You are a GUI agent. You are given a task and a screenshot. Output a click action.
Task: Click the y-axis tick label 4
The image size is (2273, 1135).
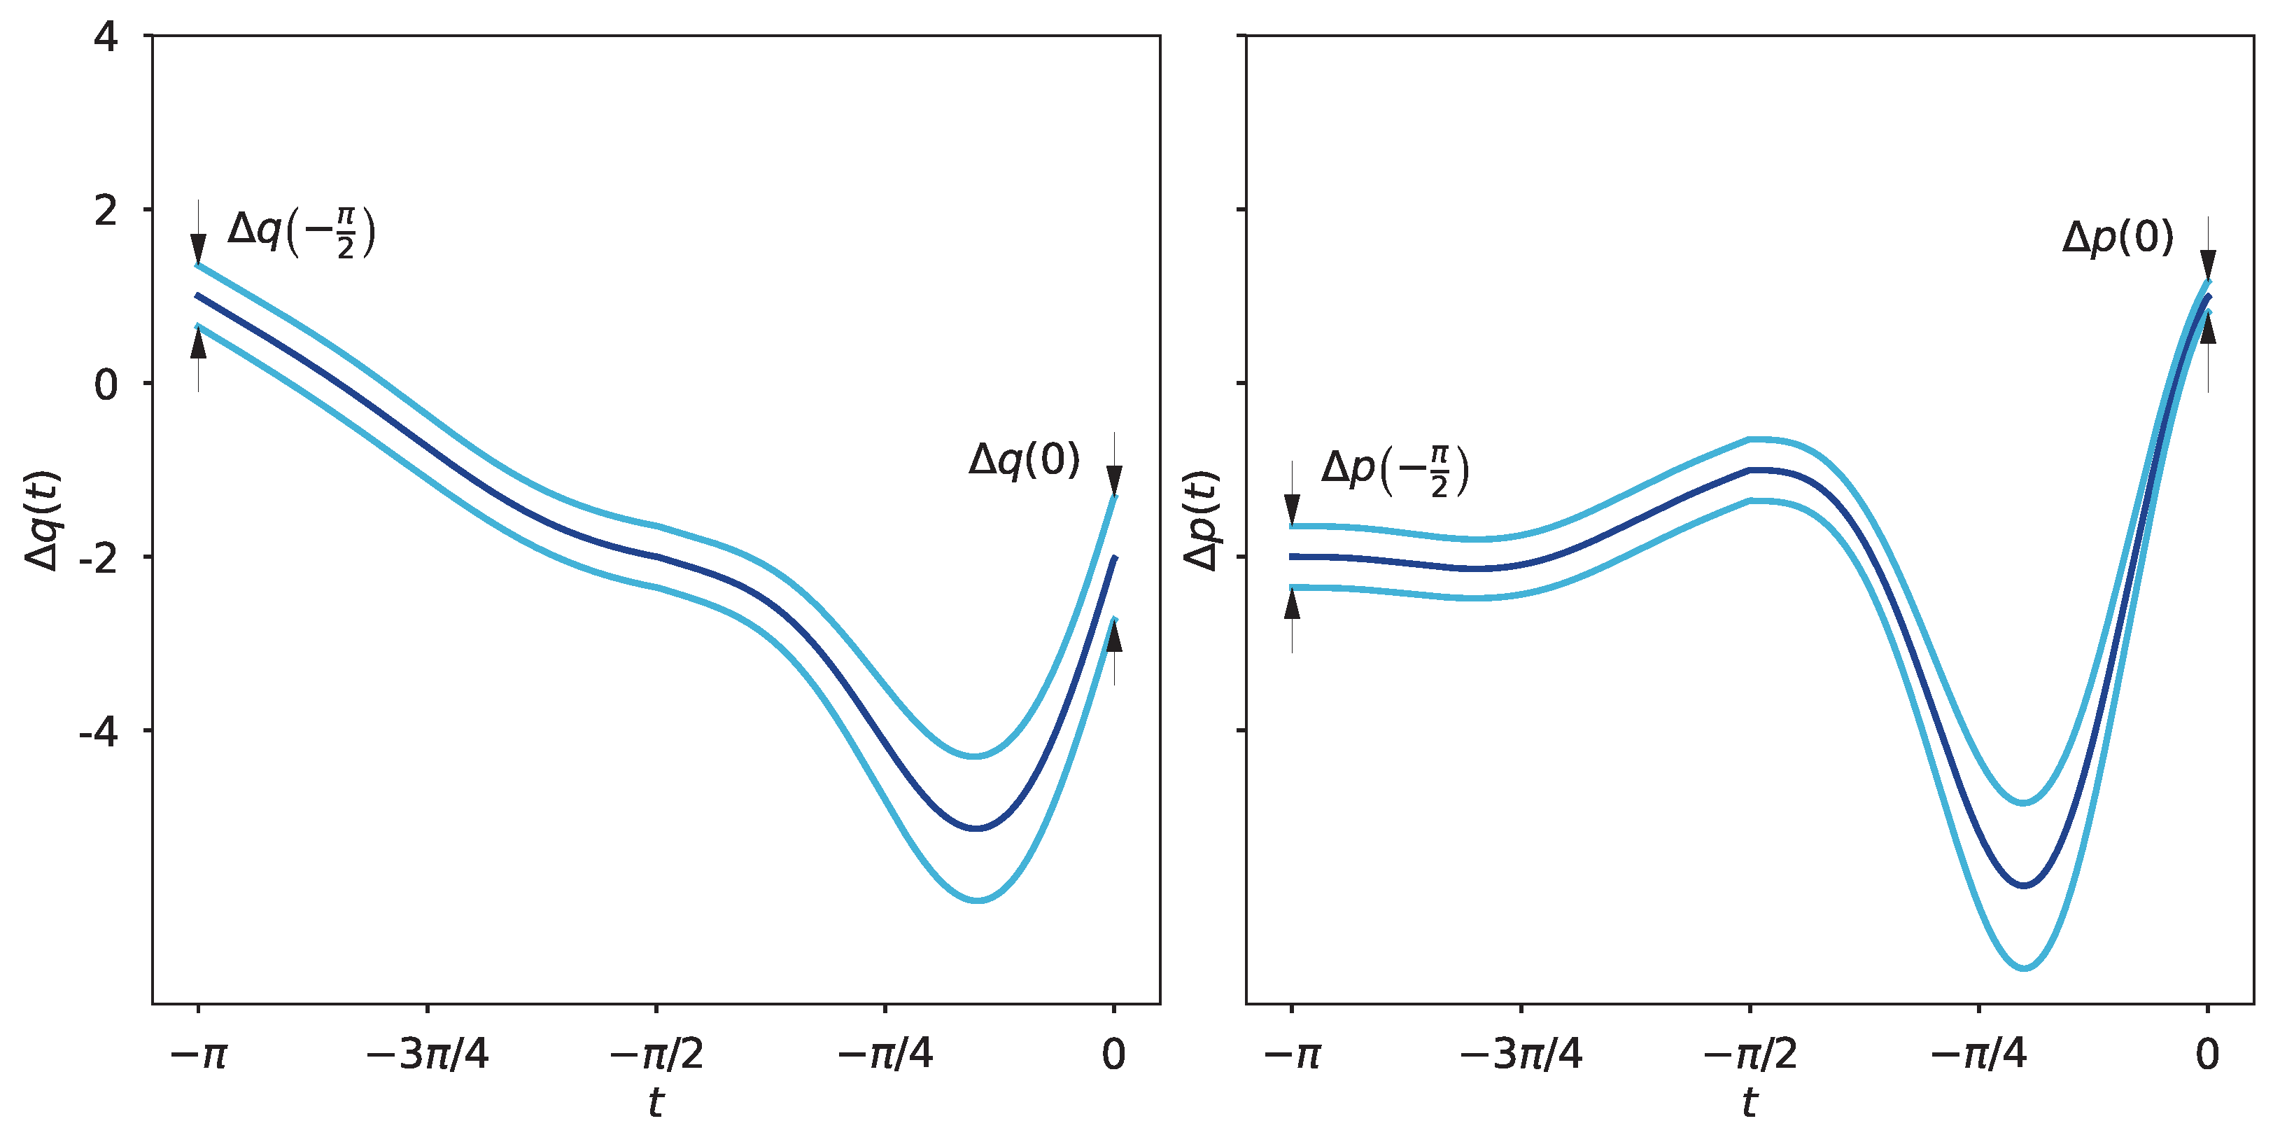pyautogui.click(x=105, y=38)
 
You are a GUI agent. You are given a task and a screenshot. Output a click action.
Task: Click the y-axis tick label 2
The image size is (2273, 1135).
pyautogui.click(x=105, y=211)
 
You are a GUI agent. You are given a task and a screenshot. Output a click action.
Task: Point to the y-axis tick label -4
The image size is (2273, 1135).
pyautogui.click(x=98, y=732)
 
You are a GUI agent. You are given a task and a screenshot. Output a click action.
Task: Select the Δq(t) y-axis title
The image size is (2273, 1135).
pyautogui.click(x=41, y=521)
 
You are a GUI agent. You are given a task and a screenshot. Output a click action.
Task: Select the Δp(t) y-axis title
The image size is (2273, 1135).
pyautogui.click(x=1201, y=521)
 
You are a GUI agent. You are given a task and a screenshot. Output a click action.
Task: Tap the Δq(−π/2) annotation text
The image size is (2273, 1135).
pyautogui.click(x=301, y=232)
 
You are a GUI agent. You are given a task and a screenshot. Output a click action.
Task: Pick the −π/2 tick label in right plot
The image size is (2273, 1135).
pyautogui.click(x=1749, y=1054)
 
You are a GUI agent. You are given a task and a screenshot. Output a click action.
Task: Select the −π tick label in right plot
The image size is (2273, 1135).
pyautogui.click(x=1291, y=1054)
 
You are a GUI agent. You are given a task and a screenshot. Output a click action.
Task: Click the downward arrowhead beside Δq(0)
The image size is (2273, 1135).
pyautogui.click(x=1114, y=481)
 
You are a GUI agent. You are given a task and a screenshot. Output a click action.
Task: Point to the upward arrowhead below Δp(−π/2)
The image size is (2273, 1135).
pyautogui.click(x=1292, y=604)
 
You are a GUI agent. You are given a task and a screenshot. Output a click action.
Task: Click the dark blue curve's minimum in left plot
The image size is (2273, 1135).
pyautogui.click(x=977, y=828)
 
